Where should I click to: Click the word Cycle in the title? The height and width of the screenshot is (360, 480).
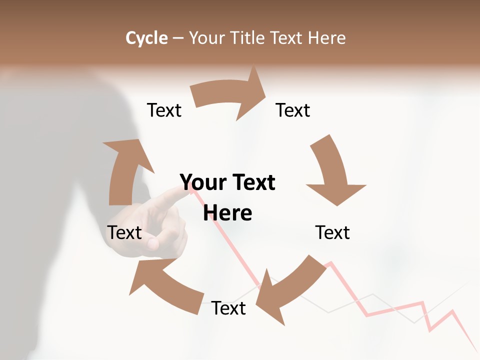[x=146, y=38]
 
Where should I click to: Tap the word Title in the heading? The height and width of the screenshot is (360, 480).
[x=247, y=38]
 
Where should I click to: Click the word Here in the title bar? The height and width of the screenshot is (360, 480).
[x=326, y=38]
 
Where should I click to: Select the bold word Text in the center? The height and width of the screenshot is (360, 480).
[x=251, y=182]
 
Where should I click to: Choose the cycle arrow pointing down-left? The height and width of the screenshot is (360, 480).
[x=290, y=287]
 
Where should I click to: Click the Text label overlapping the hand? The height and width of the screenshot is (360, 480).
[x=124, y=232]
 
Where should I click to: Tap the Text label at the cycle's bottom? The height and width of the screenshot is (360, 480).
[x=228, y=308]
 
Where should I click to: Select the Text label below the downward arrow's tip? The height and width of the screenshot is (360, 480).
[x=332, y=232]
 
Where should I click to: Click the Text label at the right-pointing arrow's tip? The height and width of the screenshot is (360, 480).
[x=293, y=110]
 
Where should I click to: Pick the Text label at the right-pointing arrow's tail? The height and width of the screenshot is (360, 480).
[x=164, y=110]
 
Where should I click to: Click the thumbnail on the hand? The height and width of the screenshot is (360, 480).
[x=153, y=243]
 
